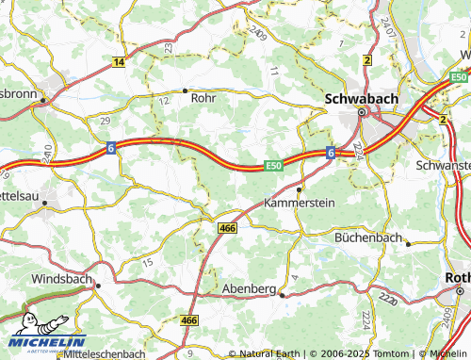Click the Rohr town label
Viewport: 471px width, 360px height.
pos(203,97)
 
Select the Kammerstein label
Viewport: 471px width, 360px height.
pos(300,203)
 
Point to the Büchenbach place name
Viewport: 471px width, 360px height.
pos(370,238)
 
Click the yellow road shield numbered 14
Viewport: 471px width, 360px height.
pos(119,62)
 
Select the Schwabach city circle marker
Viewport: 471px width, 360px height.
pos(361,114)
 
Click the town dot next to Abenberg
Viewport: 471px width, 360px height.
pos(282,295)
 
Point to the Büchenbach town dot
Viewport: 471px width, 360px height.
pos(408,243)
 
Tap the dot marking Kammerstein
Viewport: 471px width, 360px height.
pos(300,188)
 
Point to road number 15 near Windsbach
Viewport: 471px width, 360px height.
pos(147,261)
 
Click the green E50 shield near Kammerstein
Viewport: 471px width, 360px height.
pos(273,165)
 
